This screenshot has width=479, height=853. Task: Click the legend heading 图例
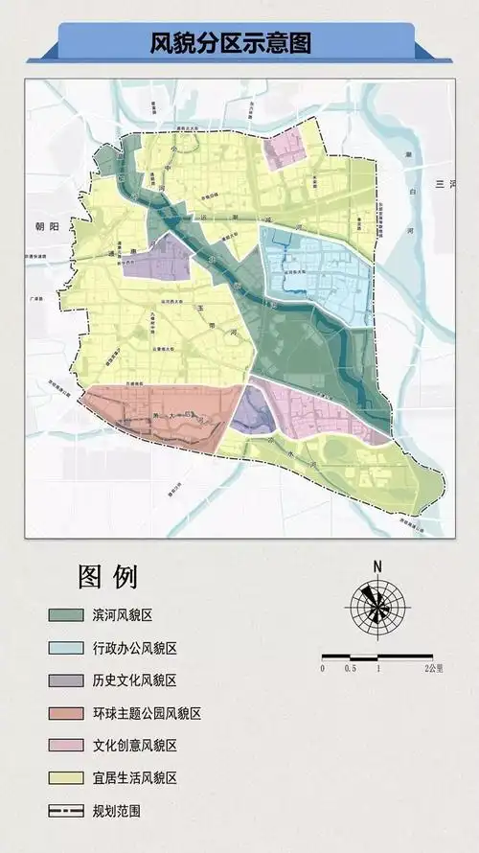point(107,577)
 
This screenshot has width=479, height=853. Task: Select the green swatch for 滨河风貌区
point(66,614)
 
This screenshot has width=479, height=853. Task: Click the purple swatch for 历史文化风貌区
point(66,680)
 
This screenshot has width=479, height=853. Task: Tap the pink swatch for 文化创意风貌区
point(66,746)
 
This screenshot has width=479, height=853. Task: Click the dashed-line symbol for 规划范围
point(66,811)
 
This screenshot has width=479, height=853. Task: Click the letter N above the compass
point(377,565)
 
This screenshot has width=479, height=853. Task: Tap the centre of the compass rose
point(377,604)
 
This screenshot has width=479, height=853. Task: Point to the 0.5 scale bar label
point(351,668)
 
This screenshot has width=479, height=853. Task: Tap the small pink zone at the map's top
point(286,149)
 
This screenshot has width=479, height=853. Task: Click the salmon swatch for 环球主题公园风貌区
point(66,713)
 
